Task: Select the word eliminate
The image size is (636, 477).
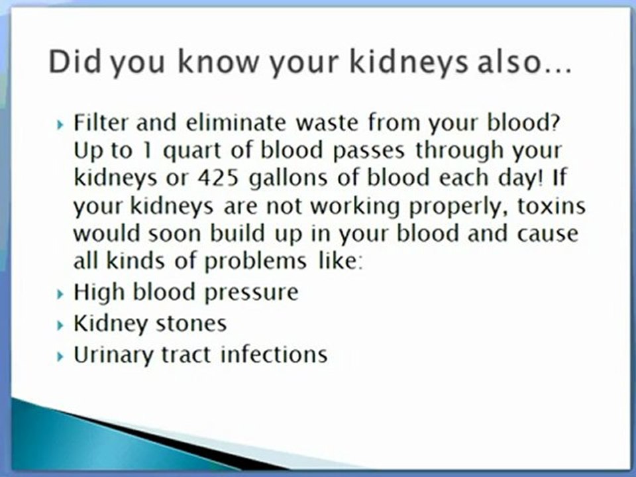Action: point(236,122)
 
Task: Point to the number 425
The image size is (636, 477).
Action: point(218,178)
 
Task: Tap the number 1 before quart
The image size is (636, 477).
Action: point(147,150)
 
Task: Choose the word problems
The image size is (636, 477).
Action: point(255,262)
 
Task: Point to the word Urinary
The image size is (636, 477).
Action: point(113,356)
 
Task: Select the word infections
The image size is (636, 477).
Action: point(274,354)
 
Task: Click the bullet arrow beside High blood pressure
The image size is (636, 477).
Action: point(61,293)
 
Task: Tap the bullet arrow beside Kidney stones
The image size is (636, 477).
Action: point(61,325)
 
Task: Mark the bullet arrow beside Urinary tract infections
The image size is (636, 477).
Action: point(61,356)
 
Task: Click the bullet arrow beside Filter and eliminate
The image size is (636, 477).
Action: point(61,124)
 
